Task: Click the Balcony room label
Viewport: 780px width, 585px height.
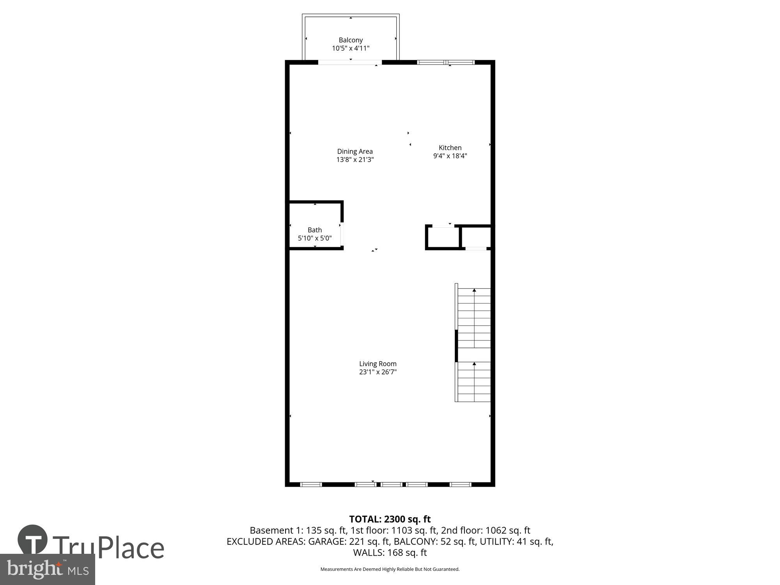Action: (x=351, y=40)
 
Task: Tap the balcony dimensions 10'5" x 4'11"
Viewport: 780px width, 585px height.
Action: (x=351, y=48)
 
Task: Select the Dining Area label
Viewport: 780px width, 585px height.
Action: (x=355, y=151)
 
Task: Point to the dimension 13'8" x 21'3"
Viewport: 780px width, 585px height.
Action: (x=355, y=160)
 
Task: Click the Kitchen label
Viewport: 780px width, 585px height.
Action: (x=450, y=148)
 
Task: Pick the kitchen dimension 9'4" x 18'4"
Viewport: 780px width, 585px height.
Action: (x=450, y=156)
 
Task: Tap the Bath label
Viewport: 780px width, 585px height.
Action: (x=315, y=230)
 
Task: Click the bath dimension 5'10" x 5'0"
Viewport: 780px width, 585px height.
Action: (x=315, y=238)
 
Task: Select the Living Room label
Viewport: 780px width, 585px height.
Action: (x=378, y=364)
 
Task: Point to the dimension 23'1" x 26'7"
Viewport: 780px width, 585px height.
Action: (x=378, y=372)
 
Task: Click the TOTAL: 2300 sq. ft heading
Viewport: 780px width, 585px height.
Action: (x=390, y=519)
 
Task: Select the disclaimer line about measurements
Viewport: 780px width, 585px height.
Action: (x=390, y=569)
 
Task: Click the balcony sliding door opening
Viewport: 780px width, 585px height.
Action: (x=350, y=62)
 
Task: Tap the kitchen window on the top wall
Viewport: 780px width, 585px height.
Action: (x=446, y=62)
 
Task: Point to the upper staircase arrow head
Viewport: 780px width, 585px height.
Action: (x=474, y=290)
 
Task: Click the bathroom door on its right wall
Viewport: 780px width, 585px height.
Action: (x=342, y=234)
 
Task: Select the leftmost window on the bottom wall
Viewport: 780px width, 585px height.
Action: (x=311, y=484)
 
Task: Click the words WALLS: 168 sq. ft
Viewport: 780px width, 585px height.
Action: (x=390, y=553)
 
